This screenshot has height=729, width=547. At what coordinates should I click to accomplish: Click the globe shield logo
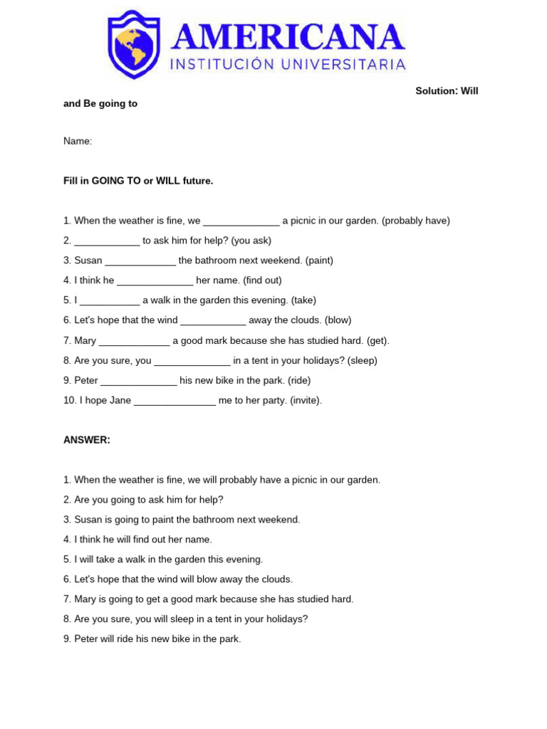point(134,43)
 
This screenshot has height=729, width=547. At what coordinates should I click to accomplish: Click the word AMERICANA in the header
point(288,37)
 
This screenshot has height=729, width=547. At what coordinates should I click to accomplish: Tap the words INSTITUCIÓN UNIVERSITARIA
point(288,65)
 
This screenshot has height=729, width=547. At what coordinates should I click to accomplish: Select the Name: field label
point(78,141)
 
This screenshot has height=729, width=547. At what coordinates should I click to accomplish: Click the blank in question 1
point(241,221)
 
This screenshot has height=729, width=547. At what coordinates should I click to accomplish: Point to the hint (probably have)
point(416,221)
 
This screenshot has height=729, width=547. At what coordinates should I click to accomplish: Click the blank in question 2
point(107,241)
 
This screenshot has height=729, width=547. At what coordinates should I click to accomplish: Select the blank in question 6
point(213,320)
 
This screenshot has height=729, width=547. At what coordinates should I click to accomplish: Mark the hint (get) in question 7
point(377,340)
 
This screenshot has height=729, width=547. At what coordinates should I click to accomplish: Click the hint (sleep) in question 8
point(363,360)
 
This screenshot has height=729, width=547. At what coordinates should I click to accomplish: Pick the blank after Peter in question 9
point(139,380)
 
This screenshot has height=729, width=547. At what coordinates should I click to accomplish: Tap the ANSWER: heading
point(87,440)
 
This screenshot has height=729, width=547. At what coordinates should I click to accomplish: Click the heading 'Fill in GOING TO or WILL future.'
point(138,181)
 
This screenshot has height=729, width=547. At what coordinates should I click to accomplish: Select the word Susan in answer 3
point(88,520)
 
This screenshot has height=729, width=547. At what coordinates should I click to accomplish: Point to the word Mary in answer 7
point(85,599)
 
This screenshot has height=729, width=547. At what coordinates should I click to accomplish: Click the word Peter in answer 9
point(86,639)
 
